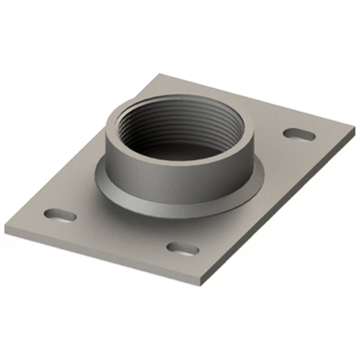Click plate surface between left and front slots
click(x=121, y=229)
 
